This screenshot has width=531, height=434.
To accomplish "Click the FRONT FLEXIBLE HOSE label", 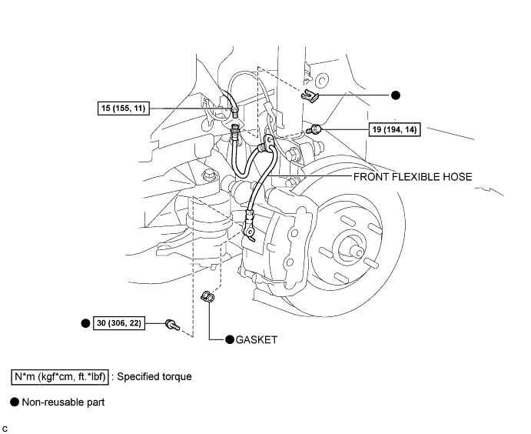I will [x=412, y=176].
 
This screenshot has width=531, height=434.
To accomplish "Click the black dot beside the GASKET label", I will [x=229, y=339].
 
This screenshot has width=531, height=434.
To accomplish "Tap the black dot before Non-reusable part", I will [x=14, y=402].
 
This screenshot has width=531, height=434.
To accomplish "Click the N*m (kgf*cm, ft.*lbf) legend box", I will [x=59, y=377].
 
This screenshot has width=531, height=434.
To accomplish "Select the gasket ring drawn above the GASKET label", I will [x=207, y=296].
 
